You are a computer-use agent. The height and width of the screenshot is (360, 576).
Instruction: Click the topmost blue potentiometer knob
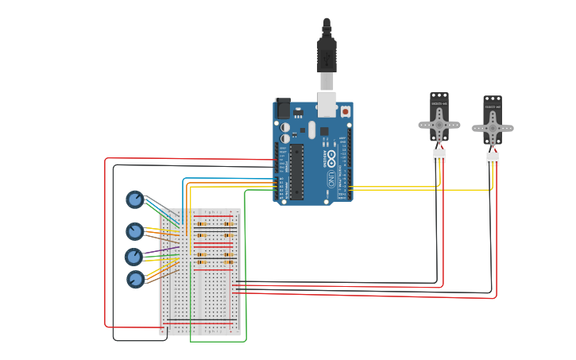coord(135,199)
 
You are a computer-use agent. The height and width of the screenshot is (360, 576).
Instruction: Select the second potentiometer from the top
coord(135,231)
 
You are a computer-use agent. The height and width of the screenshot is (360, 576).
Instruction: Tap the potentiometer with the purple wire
coord(134,257)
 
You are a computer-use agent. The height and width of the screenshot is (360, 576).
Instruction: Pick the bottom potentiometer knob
coord(136,279)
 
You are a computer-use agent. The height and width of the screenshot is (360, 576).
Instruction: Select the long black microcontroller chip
coord(296,171)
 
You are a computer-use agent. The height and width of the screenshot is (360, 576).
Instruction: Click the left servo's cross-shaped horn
coord(439,125)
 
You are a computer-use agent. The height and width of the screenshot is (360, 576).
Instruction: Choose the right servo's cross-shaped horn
coord(493,128)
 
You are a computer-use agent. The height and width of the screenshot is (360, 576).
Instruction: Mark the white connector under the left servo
coord(439,156)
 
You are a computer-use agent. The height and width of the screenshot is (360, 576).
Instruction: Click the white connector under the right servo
coord(493,159)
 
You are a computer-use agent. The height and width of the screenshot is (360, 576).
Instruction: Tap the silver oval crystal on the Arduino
coord(311,130)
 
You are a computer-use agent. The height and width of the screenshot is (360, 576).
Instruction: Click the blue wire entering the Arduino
coord(230,179)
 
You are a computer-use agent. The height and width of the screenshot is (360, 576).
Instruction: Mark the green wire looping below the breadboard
coord(218,342)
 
